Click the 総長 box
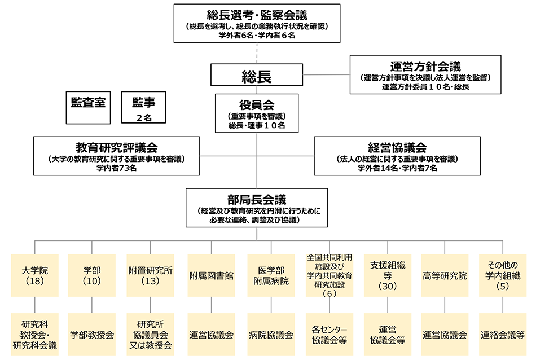pyautogui.click(x=257, y=76)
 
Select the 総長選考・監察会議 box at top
pyautogui.click(x=257, y=23)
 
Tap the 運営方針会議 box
pyautogui.click(x=425, y=74)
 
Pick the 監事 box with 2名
pyautogui.click(x=144, y=107)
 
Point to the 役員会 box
pyautogui.click(x=257, y=113)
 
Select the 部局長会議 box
pyautogui.click(x=257, y=208)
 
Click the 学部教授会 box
pyautogui.click(x=91, y=335)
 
